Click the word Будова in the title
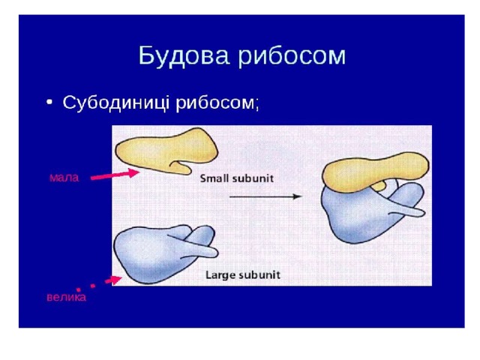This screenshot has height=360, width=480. point(184,56)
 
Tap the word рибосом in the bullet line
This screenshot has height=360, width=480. point(214,103)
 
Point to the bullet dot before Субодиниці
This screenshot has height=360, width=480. point(49,102)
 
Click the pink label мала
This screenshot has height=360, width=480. point(64,178)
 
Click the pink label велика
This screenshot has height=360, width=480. point(67,297)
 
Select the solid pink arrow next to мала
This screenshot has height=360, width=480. point(115,174)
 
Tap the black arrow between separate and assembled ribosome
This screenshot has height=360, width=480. point(265,196)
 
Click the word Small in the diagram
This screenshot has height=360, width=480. point(212,178)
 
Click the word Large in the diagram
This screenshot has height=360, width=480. point(218,275)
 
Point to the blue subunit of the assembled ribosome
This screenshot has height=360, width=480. point(361,214)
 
